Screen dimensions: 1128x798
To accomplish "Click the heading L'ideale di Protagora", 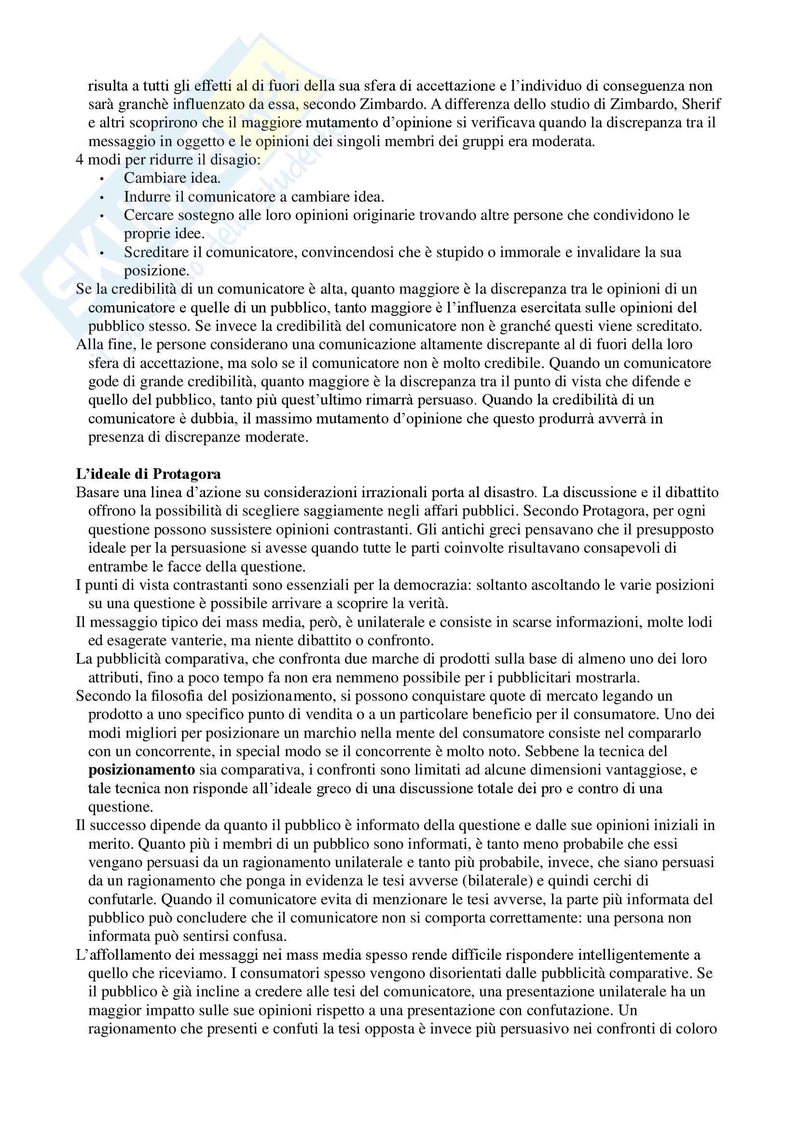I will pos(149,474).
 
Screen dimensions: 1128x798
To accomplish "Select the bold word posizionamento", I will pos(141,770).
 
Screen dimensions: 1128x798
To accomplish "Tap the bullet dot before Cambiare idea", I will pos(102,179).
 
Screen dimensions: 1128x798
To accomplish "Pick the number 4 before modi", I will pos(80,160).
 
